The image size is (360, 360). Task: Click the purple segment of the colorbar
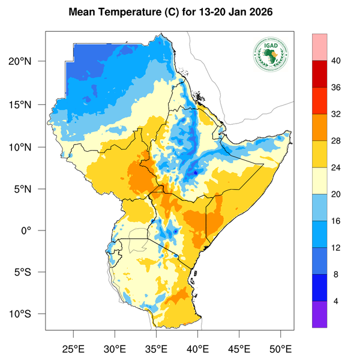pyautogui.click(x=320, y=314)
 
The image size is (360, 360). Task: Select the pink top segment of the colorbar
pyautogui.click(x=320, y=47)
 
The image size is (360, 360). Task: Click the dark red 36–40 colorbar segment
pyautogui.click(x=320, y=74)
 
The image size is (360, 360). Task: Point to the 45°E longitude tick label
pyautogui.click(x=239, y=348)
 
